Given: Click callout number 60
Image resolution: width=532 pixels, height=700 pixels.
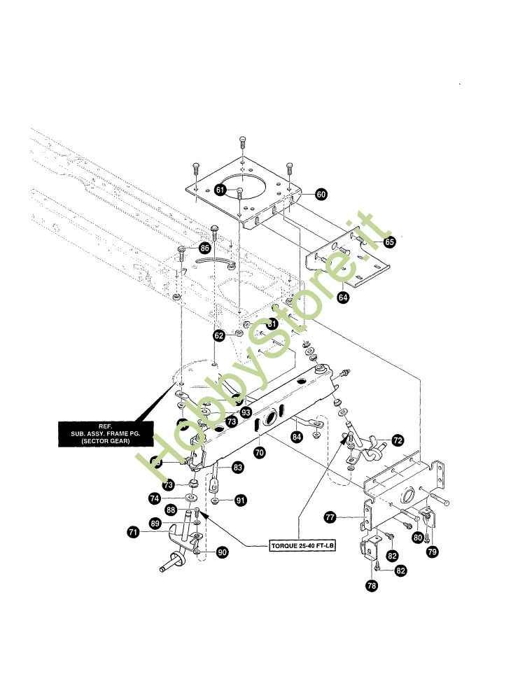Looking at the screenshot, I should point(321,194).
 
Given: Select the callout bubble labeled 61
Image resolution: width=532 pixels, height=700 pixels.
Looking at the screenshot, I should point(220,190).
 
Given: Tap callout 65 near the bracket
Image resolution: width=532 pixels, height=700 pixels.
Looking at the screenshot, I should point(389,242).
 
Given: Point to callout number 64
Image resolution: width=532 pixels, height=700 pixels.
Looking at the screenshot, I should point(343,297).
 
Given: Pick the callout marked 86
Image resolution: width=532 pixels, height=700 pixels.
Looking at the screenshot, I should point(204,248).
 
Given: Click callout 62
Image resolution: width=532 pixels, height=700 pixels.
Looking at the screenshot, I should point(219,336).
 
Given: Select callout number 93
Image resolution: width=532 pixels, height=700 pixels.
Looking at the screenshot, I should point(246,413).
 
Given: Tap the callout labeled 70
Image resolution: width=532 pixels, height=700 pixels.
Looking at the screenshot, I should point(260,453).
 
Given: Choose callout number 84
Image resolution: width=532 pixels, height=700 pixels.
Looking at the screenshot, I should point(297,437).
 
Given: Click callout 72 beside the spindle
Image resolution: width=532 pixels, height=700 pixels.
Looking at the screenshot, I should point(398,440).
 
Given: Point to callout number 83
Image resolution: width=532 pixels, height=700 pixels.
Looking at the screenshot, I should point(238,467).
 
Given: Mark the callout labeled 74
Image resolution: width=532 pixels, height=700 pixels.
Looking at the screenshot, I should point(155,498).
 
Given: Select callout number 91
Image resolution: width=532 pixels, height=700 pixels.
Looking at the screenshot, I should point(240,500).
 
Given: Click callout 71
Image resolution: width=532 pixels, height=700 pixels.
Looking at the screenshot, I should point(133,533).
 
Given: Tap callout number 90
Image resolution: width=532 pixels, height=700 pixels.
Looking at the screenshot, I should point(222,553).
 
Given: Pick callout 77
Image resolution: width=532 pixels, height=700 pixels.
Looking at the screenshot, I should point(330,517).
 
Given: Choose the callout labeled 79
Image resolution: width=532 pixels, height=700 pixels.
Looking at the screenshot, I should point(432,552).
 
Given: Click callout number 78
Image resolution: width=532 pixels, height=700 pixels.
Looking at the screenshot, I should point(372,586).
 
